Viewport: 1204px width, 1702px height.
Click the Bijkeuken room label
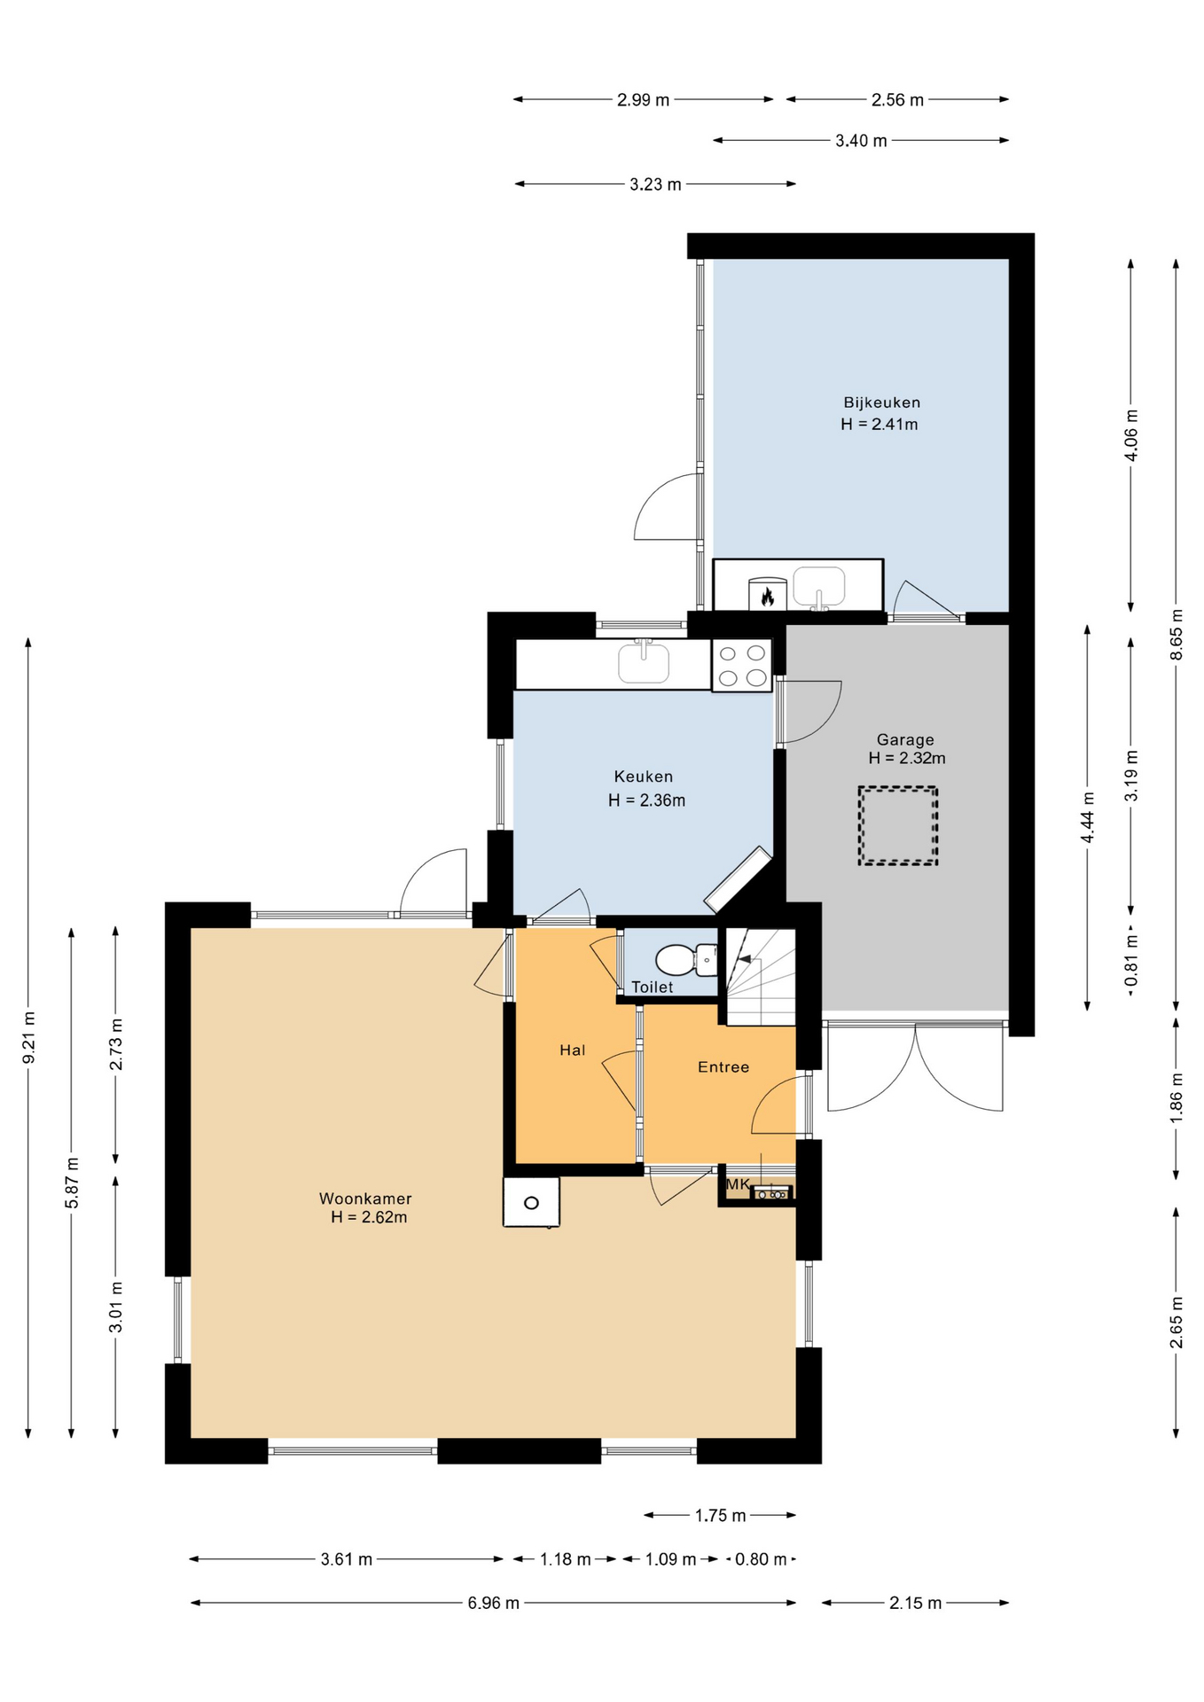coord(881,402)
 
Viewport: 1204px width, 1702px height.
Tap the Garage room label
coord(905,739)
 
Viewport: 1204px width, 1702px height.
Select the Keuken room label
coord(644,777)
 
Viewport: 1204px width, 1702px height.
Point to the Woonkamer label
coord(365,1198)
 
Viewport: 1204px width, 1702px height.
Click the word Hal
coord(572,1050)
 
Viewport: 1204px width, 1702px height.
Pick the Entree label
coord(723,1067)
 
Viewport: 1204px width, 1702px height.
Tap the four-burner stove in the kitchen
coord(742,666)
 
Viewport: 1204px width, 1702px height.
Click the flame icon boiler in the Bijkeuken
coord(767,594)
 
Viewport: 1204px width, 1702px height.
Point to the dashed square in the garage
coord(897,825)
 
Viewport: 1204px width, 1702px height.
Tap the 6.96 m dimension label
coord(494,1603)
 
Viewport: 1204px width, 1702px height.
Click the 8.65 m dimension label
coord(1177,634)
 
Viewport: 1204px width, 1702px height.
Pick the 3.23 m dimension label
coord(656,184)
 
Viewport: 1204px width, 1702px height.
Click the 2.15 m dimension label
coord(915,1603)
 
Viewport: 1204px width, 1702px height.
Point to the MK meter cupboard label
coord(739,1184)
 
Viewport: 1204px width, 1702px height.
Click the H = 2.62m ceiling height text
coord(369,1217)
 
